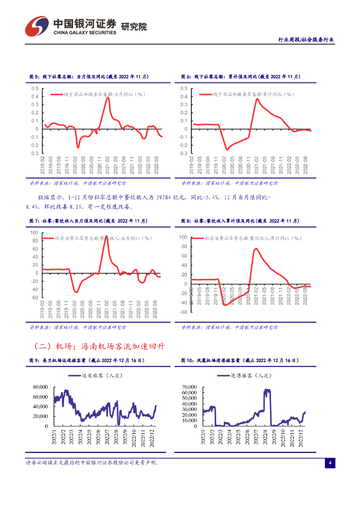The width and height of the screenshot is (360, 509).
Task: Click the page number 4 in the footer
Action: point(329,463)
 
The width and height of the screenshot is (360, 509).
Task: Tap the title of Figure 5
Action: point(89,77)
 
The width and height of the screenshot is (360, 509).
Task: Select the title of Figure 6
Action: point(241,77)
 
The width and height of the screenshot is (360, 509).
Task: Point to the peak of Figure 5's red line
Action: point(108,97)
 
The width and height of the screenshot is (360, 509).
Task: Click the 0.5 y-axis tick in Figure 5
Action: point(34,88)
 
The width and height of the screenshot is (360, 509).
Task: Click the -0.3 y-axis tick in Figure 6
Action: point(184,154)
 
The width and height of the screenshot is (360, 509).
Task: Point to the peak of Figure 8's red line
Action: point(256,249)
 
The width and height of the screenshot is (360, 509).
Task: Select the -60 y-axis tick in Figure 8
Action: point(182,312)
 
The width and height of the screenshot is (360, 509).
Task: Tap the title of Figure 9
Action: point(87,360)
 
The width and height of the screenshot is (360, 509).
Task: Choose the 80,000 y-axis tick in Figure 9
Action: point(40,387)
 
